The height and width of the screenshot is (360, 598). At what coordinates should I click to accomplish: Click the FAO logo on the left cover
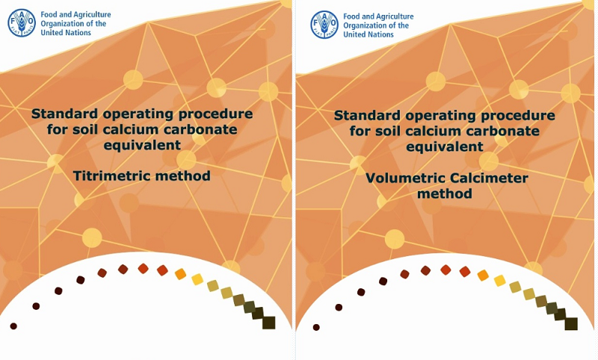click(x=22, y=23)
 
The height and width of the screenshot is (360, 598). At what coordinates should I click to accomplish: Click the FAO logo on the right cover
click(x=324, y=25)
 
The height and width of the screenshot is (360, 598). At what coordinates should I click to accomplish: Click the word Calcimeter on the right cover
click(x=489, y=178)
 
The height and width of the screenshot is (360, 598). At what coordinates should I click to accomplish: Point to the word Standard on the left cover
click(x=64, y=114)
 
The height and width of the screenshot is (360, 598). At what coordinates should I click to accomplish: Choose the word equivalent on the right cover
click(x=445, y=146)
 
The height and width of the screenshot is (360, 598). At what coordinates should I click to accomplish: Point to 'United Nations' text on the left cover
click(x=66, y=33)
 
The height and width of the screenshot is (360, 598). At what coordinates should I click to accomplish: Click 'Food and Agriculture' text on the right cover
click(x=378, y=16)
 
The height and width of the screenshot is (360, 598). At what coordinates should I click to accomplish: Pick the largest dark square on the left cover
click(x=269, y=323)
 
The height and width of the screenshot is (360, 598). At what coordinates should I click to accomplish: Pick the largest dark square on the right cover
click(x=571, y=324)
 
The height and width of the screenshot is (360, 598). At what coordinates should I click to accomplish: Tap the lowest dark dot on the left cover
click(x=13, y=326)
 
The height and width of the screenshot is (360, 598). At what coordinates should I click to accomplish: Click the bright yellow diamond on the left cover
click(x=197, y=279)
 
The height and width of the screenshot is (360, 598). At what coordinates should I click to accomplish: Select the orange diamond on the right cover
click(x=483, y=275)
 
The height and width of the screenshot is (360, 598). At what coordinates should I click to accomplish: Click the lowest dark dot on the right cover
click(x=316, y=327)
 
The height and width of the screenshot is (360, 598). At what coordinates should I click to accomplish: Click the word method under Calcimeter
click(x=444, y=193)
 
